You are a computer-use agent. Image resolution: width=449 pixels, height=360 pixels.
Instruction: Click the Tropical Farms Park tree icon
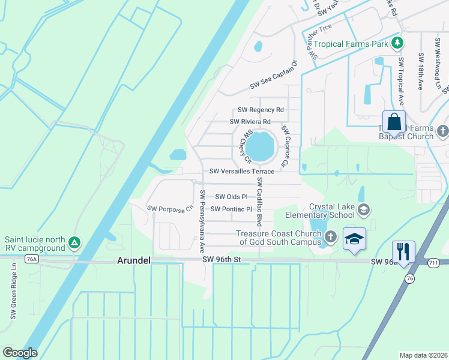pos(396,43)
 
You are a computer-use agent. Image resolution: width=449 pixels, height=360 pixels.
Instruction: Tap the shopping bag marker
pos(394,122)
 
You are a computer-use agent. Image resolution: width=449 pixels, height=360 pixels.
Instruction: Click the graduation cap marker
pos(354,239)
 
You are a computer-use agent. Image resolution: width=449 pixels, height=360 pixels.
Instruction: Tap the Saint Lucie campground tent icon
pos(74,243)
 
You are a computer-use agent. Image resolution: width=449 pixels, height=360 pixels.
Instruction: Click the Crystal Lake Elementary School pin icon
pos(363,209)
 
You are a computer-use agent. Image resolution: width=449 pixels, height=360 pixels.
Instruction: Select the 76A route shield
pos(32,259)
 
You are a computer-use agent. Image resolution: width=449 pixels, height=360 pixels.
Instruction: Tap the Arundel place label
pos(133,260)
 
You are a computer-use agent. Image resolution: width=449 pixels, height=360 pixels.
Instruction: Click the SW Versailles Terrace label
pos(242,172)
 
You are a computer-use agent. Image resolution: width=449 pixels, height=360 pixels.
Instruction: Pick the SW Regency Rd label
pos(261,110)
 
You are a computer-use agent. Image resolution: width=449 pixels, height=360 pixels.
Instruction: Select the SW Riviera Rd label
pos(252,121)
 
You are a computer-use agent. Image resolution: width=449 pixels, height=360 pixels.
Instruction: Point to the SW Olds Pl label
pos(231,197)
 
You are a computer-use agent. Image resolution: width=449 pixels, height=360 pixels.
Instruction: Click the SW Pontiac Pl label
pos(231,209)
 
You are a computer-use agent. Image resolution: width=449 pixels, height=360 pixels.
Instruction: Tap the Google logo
pos(20,352)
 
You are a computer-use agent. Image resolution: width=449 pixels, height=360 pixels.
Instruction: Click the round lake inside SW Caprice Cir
pos(261,147)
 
